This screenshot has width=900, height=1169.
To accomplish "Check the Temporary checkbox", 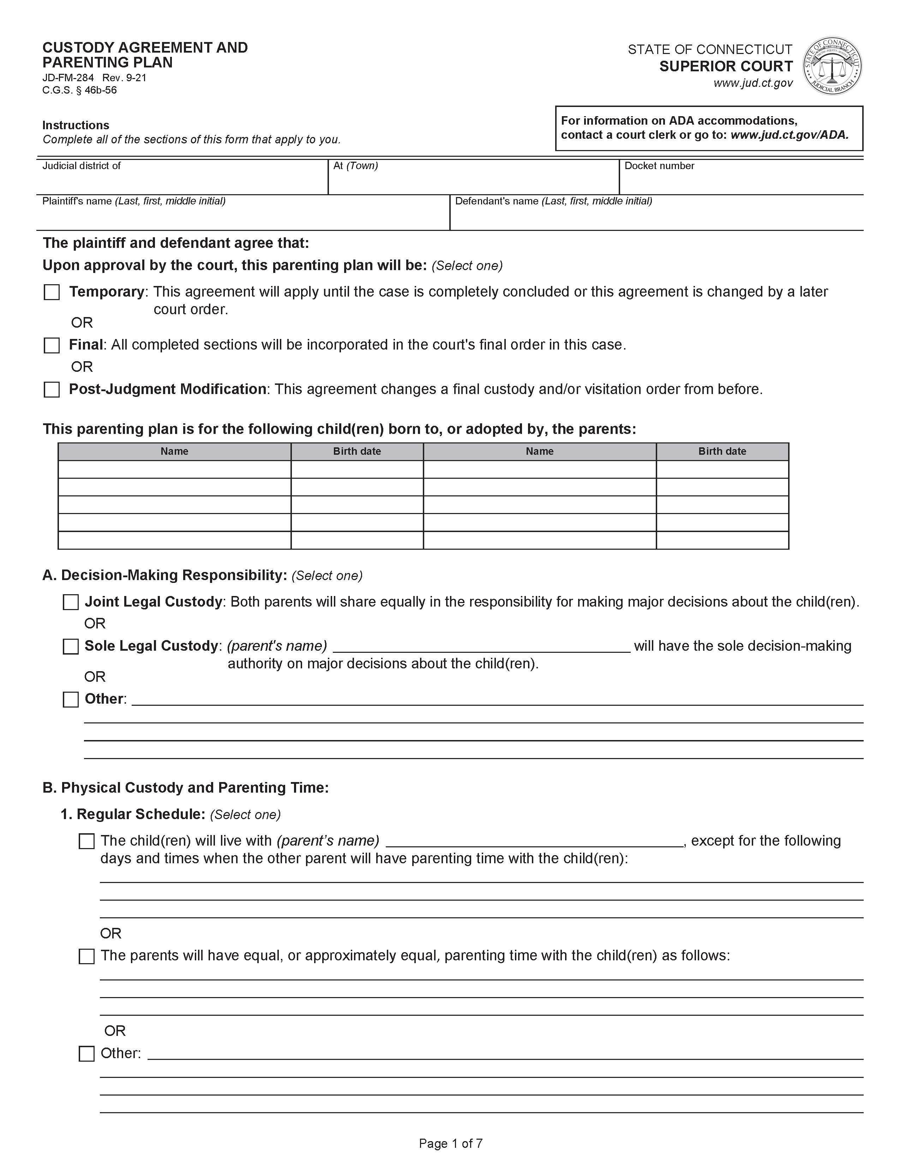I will (52, 292).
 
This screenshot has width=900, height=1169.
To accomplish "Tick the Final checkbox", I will (52, 345).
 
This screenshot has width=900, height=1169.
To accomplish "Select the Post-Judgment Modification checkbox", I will (52, 389).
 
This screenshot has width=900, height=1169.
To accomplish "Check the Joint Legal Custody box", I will (71, 602).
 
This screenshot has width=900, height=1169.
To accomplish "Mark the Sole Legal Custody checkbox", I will (71, 646).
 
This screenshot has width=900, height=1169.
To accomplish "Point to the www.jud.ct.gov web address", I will (752, 83).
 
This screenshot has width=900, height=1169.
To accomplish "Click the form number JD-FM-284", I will (68, 78).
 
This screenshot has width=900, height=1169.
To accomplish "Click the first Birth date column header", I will (357, 451).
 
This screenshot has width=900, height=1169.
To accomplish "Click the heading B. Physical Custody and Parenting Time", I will (185, 787).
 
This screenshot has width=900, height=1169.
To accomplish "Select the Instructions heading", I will (76, 125).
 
